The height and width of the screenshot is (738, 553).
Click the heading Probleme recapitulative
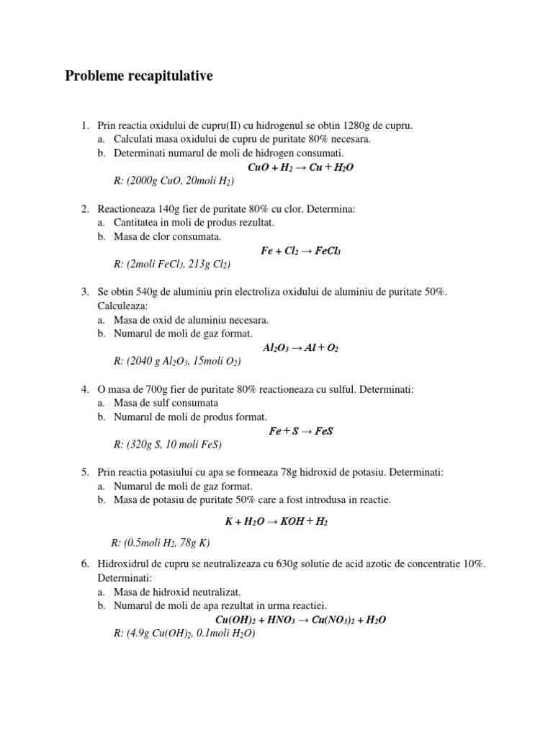click(x=139, y=76)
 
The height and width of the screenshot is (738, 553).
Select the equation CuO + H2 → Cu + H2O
click(x=300, y=167)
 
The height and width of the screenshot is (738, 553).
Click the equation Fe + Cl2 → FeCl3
click(x=300, y=251)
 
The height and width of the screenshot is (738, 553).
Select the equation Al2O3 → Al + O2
click(x=300, y=347)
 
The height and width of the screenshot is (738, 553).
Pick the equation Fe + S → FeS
click(x=300, y=431)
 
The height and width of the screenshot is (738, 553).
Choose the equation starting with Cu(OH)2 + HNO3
click(x=300, y=620)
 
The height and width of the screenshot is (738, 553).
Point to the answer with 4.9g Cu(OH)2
click(x=184, y=633)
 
